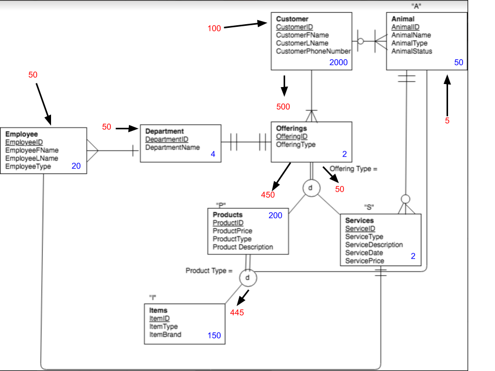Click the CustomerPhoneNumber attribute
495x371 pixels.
313,52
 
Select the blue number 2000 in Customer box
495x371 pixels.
339,62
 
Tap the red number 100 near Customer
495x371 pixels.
214,28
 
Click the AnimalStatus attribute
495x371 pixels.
411,52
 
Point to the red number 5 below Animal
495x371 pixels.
447,121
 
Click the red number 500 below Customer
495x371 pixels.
283,107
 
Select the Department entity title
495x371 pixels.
164,131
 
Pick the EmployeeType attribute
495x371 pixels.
28,166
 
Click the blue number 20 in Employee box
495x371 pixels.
76,166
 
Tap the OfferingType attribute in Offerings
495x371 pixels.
296,145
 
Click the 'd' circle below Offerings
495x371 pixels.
311,189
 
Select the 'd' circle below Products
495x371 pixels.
248,278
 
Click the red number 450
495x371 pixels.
268,195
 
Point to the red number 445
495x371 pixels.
237,313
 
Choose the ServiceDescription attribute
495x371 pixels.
374,245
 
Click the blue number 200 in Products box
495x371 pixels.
275,215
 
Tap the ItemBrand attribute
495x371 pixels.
165,334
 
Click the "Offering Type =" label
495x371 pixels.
354,168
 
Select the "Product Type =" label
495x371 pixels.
209,271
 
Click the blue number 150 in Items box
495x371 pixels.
214,335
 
